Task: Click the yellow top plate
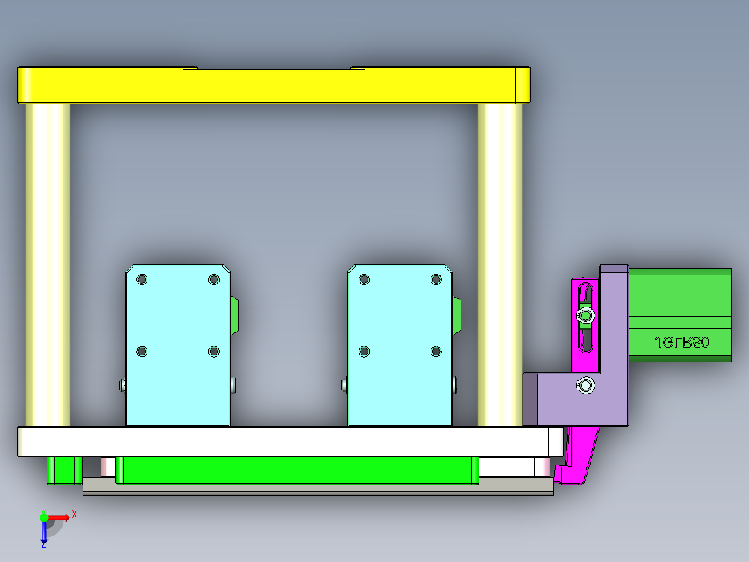pyautogui.click(x=274, y=85)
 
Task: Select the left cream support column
pyautogui.click(x=48, y=264)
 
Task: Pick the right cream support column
pyautogui.click(x=500, y=264)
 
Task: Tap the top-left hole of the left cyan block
pyautogui.click(x=142, y=280)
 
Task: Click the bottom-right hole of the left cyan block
pyautogui.click(x=214, y=352)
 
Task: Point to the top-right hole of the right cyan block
pyautogui.click(x=436, y=280)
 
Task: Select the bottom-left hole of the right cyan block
pyautogui.click(x=363, y=352)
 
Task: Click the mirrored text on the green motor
pyautogui.click(x=682, y=342)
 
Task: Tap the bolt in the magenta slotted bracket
pyautogui.click(x=586, y=316)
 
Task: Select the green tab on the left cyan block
pyautogui.click(x=234, y=315)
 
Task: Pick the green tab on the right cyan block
pyautogui.click(x=456, y=315)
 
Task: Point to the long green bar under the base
pyautogui.click(x=297, y=470)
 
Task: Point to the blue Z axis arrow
pyautogui.click(x=44, y=533)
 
